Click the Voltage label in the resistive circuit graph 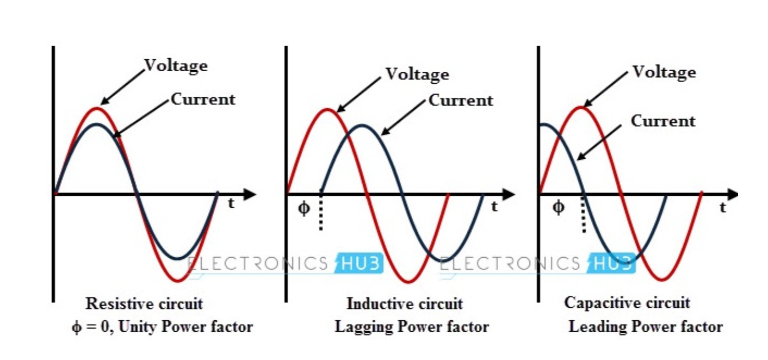pyautogui.click(x=176, y=66)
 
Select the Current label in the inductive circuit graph pyautogui.click(x=461, y=101)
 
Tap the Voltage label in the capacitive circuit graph pyautogui.click(x=664, y=72)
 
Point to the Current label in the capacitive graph pyautogui.click(x=662, y=121)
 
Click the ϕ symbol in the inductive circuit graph pyautogui.click(x=304, y=209)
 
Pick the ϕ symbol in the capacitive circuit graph pyautogui.click(x=559, y=207)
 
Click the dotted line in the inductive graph pyautogui.click(x=320, y=213)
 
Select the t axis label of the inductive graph pyautogui.click(x=494, y=206)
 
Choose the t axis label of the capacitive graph pyautogui.click(x=722, y=207)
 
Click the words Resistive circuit pyautogui.click(x=144, y=303)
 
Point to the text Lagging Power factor pyautogui.click(x=411, y=327)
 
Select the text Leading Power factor pyautogui.click(x=646, y=327)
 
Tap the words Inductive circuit pyautogui.click(x=405, y=303)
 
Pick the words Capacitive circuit pyautogui.click(x=627, y=302)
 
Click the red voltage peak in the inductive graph pyautogui.click(x=327, y=109)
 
